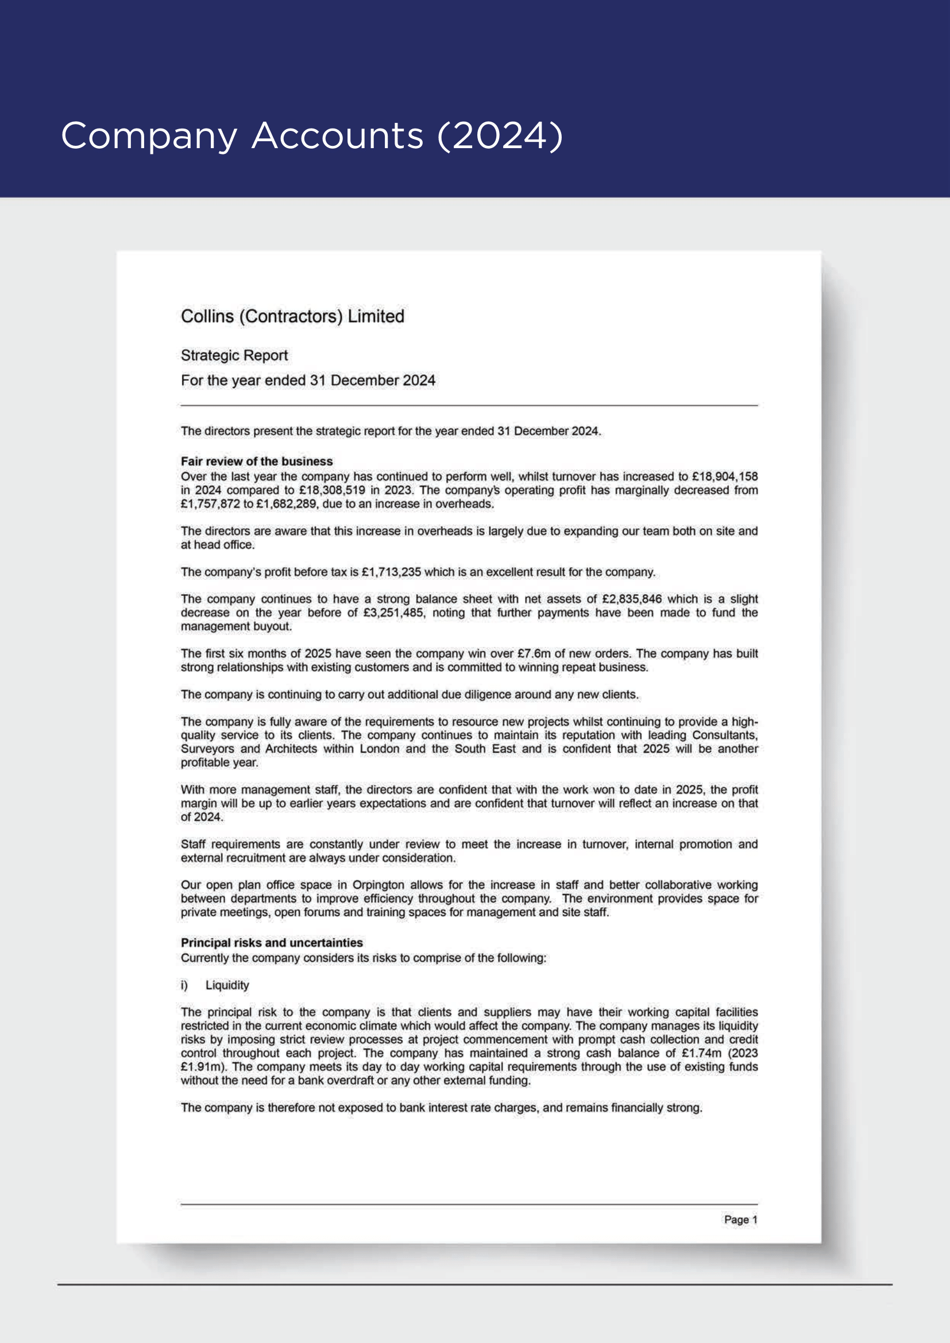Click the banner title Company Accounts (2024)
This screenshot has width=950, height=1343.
(312, 136)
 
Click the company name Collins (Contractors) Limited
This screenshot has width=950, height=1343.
(292, 316)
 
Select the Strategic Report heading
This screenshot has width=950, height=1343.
(234, 355)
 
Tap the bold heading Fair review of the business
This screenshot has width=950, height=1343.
(256, 462)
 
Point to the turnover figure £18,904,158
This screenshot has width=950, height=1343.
(724, 477)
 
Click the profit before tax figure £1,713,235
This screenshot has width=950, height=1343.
(391, 572)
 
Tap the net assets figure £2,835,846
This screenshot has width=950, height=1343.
(632, 599)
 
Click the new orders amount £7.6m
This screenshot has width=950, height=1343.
(534, 653)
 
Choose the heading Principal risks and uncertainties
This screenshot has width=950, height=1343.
(272, 943)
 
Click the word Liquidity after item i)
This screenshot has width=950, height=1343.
(227, 986)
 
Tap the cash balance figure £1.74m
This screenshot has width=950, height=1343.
(701, 1054)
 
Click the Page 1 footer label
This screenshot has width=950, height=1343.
(740, 1220)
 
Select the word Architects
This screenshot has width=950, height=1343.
(291, 749)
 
